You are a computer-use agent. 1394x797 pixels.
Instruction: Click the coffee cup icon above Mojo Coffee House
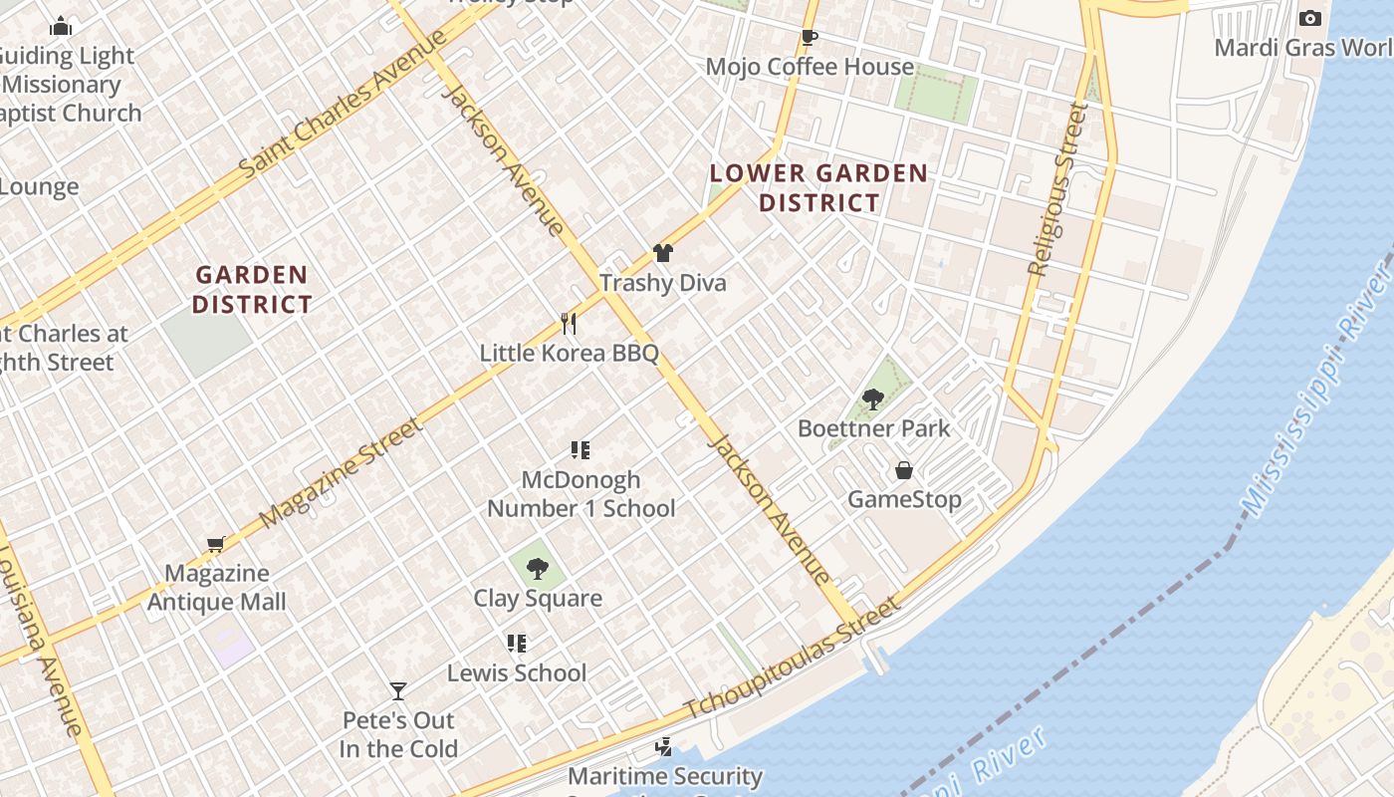pyautogui.click(x=810, y=38)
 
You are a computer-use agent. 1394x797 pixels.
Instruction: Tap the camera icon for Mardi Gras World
pyautogui.click(x=1310, y=18)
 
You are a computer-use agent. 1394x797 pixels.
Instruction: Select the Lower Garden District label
pyautogui.click(x=818, y=187)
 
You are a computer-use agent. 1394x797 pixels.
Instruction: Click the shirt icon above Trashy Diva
pyautogui.click(x=663, y=253)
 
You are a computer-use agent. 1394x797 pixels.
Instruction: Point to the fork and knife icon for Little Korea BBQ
pyautogui.click(x=569, y=323)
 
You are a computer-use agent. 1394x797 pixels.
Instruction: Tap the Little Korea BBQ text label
pyautogui.click(x=569, y=353)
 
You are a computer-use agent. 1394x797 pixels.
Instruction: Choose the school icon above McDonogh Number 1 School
pyautogui.click(x=581, y=450)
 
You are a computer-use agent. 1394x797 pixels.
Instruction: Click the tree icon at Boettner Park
pyautogui.click(x=873, y=399)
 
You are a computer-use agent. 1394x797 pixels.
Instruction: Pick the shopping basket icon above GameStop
pyautogui.click(x=904, y=470)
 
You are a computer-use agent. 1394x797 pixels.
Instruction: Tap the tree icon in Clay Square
pyautogui.click(x=538, y=569)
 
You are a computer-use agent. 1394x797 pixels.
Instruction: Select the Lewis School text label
pyautogui.click(x=517, y=672)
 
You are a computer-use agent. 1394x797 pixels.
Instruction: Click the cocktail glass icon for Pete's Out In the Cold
pyautogui.click(x=398, y=690)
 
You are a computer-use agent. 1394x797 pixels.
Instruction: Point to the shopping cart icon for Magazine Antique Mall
pyautogui.click(x=216, y=544)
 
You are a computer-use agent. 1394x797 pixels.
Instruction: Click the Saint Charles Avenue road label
pyautogui.click(x=344, y=104)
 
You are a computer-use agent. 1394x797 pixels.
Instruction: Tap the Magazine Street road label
pyautogui.click(x=341, y=473)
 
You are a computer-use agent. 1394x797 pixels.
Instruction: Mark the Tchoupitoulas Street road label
pyautogui.click(x=793, y=659)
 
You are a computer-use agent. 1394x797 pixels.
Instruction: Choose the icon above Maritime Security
pyautogui.click(x=663, y=746)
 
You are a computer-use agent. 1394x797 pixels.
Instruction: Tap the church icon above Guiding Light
pyautogui.click(x=62, y=26)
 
